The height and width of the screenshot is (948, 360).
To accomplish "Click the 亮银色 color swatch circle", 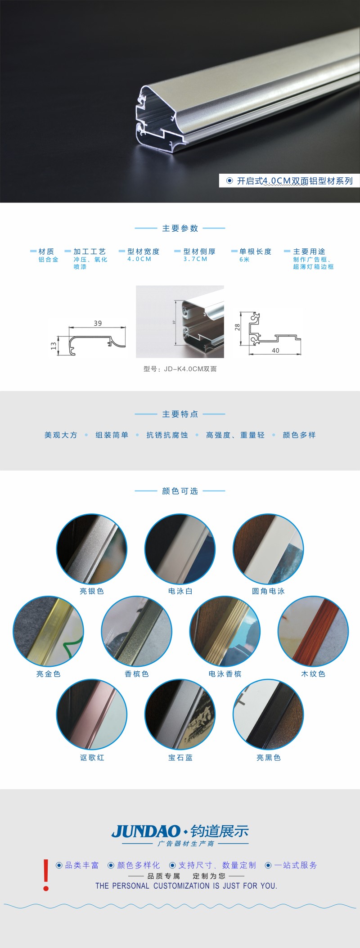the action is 92,549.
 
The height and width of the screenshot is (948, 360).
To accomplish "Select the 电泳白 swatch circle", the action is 180,549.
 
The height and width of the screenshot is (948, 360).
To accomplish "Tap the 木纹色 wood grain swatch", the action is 313,631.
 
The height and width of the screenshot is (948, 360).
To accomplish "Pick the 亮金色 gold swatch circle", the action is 48,631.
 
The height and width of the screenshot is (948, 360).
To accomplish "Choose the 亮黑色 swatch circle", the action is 268,714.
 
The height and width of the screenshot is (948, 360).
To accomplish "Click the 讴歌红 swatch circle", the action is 92,714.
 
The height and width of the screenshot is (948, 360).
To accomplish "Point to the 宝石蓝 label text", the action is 180,758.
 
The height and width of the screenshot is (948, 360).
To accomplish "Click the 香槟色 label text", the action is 137,674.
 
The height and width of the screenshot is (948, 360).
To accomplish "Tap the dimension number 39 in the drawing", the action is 98,323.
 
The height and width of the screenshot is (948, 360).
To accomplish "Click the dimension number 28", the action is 237,327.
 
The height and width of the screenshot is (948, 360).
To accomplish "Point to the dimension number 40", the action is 275,350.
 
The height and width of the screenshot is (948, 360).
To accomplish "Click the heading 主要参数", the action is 180,229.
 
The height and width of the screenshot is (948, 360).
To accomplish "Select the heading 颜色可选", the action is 180,491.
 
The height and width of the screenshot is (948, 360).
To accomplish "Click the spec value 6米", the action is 244,260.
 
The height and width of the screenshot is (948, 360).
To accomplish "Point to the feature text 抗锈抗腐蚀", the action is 167,435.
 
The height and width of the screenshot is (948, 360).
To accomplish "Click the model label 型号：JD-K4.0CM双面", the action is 180,369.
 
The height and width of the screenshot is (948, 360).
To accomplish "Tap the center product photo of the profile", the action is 180,322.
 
